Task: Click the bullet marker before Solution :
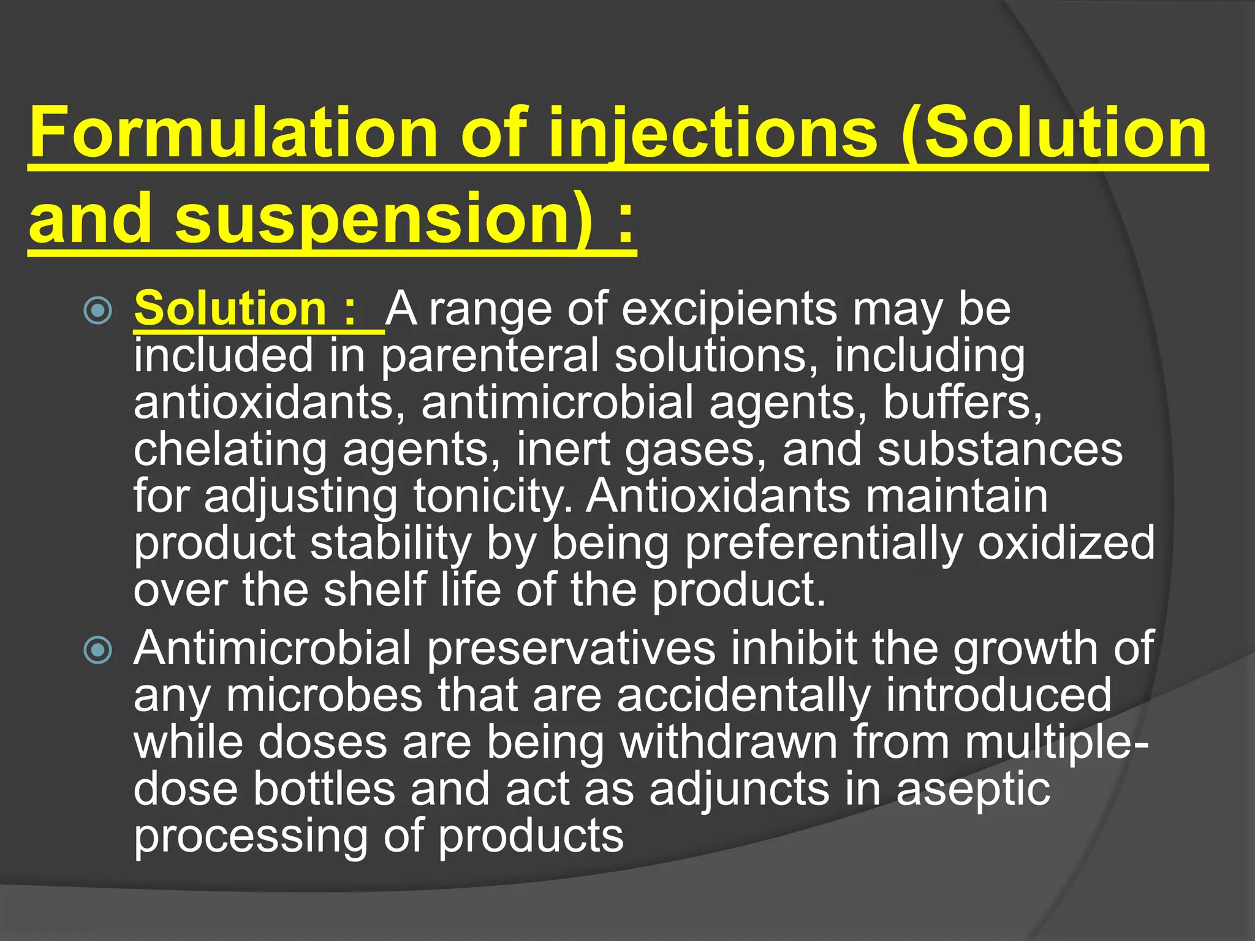pos(98,311)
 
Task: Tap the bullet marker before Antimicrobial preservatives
pos(98,650)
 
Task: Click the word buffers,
pos(963,402)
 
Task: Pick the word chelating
pos(230,450)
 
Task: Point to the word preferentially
pos(824,543)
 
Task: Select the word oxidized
pos(1066,543)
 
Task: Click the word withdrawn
pos(729,743)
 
